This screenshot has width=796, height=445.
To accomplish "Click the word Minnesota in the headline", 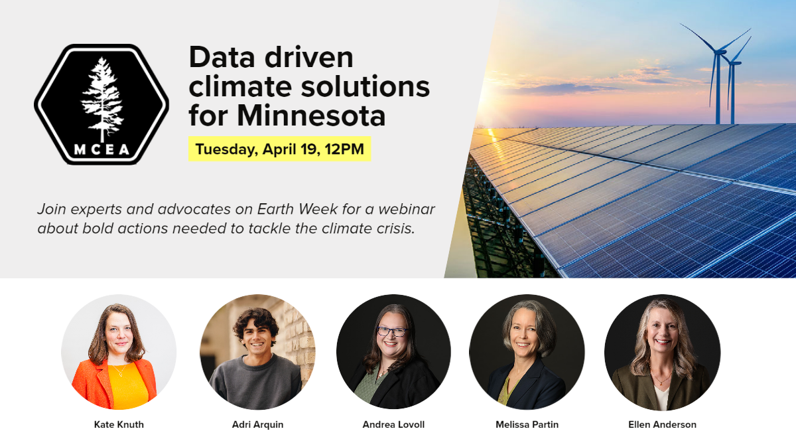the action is pyautogui.click(x=311, y=116).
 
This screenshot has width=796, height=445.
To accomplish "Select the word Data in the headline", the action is pyautogui.click(x=222, y=57).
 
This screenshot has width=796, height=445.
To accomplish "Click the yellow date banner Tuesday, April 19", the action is pyautogui.click(x=279, y=149).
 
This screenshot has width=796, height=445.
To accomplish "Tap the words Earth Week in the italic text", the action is pyautogui.click(x=297, y=209).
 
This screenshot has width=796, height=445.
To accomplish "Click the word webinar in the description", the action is pyautogui.click(x=406, y=209).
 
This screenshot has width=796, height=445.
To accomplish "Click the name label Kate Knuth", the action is pyautogui.click(x=119, y=424).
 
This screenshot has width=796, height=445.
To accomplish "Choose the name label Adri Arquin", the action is pyautogui.click(x=257, y=424).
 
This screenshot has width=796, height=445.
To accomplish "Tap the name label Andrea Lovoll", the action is pyautogui.click(x=393, y=424).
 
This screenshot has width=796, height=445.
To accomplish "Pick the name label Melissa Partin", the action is pyautogui.click(x=527, y=424).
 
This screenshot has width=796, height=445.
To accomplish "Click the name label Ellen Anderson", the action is pyautogui.click(x=663, y=424).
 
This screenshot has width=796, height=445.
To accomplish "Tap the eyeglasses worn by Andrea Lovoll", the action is pyautogui.click(x=392, y=331).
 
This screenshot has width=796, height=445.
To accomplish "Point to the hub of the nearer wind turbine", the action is pyautogui.click(x=720, y=52).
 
